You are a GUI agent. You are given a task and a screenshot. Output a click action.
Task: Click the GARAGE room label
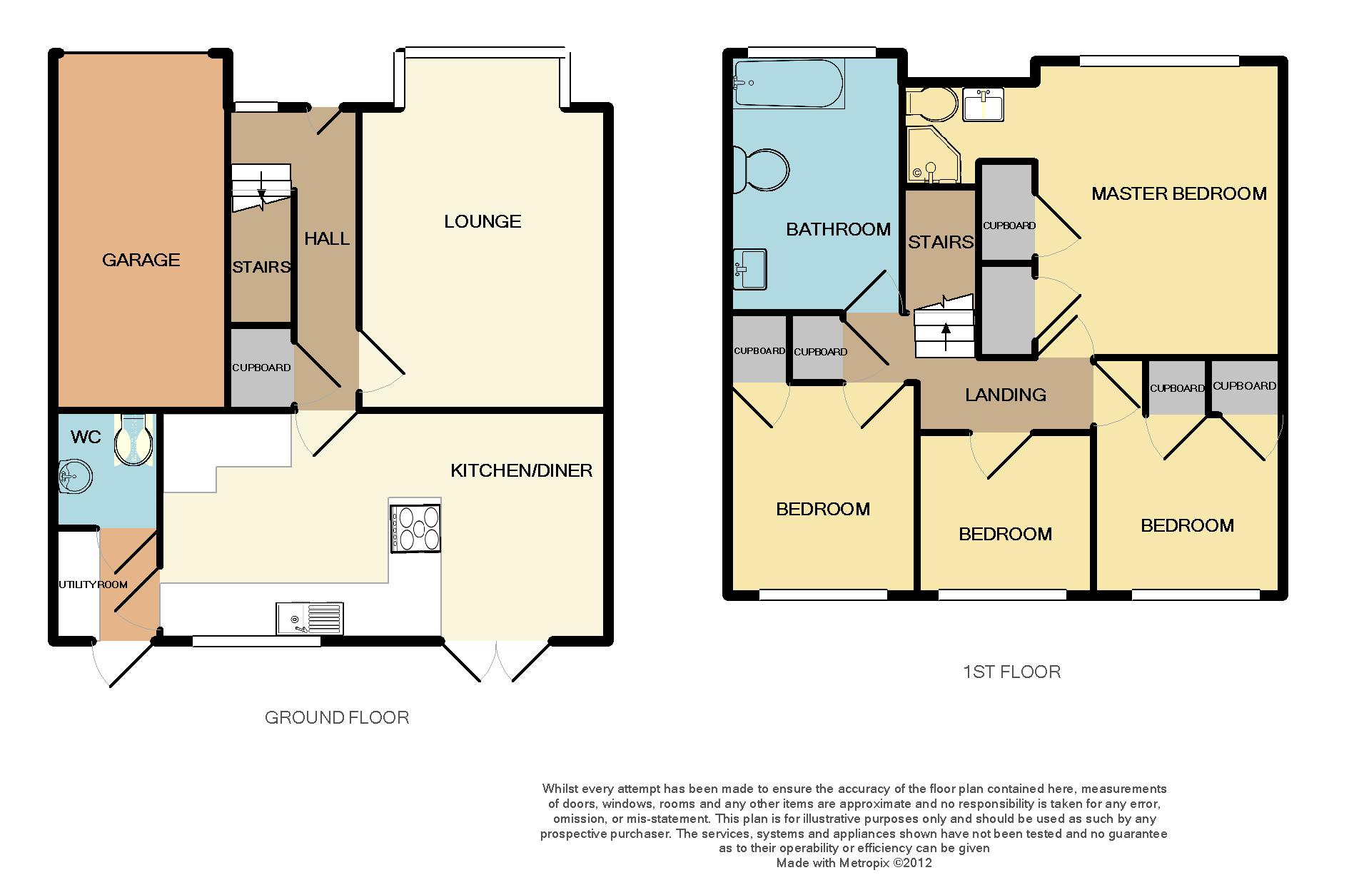click(141, 260)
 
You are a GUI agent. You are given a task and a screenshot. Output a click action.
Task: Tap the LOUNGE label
click(482, 221)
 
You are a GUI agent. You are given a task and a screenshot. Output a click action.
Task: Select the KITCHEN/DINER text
click(521, 470)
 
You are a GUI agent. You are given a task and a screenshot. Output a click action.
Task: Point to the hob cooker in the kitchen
click(415, 528)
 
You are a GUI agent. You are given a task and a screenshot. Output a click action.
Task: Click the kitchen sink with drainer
click(310, 618)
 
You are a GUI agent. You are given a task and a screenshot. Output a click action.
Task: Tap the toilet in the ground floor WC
click(133, 439)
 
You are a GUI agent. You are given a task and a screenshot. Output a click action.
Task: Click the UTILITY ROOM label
click(93, 585)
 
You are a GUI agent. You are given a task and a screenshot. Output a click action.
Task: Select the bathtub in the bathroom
click(789, 84)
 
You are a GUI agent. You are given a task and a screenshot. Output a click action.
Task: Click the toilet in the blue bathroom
click(762, 170)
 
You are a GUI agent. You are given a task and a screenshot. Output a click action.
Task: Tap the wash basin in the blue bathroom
click(750, 269)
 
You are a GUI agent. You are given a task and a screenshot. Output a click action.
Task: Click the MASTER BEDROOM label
click(1179, 193)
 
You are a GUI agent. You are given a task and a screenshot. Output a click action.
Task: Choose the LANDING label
click(1006, 395)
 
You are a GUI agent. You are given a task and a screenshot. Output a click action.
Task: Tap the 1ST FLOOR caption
click(1011, 672)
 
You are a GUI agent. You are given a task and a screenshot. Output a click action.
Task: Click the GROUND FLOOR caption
click(337, 717)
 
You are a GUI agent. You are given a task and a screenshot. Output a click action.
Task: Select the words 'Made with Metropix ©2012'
click(854, 863)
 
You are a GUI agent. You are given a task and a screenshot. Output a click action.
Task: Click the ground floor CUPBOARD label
click(261, 368)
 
